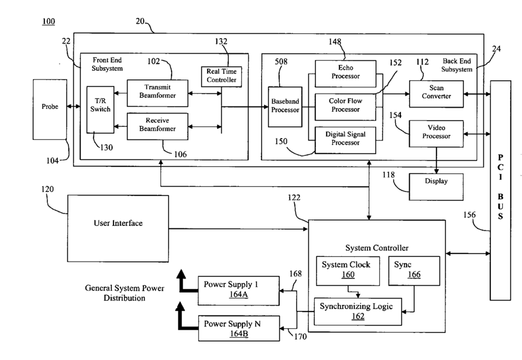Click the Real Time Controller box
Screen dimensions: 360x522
tap(221, 76)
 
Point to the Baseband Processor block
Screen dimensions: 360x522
tap(285, 106)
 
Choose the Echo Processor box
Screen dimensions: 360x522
tap(345, 73)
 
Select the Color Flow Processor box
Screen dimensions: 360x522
tap(345, 105)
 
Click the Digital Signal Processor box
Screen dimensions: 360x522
tap(345, 139)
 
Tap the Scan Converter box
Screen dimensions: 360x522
tap(436, 92)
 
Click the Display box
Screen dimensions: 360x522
tap(436, 181)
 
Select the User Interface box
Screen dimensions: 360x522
tap(118, 223)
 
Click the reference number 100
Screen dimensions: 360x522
tap(49, 22)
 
